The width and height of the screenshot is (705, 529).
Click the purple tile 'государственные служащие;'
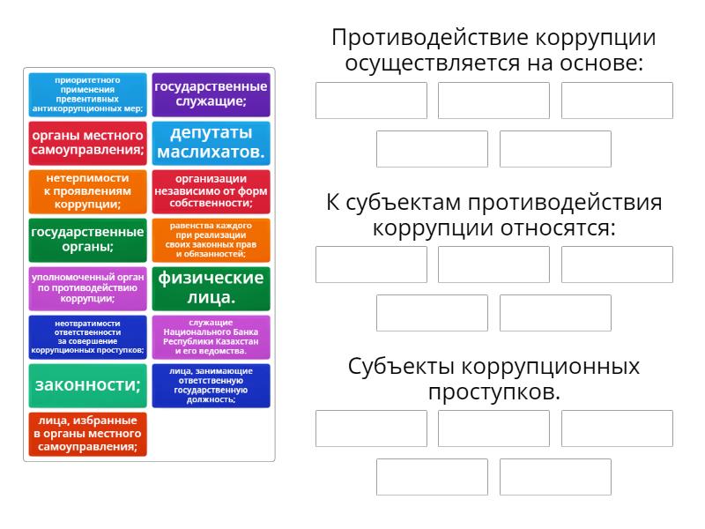pyautogui.click(x=211, y=94)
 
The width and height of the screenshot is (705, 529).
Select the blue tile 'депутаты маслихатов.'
pyautogui.click(x=211, y=143)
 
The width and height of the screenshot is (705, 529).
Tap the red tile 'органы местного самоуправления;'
pyautogui.click(x=87, y=143)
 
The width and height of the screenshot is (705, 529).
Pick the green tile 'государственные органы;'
pyautogui.click(x=87, y=240)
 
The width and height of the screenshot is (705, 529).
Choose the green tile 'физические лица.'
pyautogui.click(x=211, y=288)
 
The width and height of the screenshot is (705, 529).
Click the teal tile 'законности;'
pyautogui.click(x=87, y=385)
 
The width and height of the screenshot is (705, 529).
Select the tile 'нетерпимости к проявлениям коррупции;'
pyautogui.click(x=87, y=191)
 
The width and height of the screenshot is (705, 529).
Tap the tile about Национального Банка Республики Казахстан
pyautogui.click(x=211, y=337)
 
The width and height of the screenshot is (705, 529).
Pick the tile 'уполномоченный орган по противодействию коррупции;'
pyautogui.click(x=87, y=288)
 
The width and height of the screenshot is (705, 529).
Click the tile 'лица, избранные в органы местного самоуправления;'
pyautogui.click(x=87, y=434)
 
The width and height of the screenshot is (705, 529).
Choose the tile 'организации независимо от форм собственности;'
pyautogui.click(x=211, y=191)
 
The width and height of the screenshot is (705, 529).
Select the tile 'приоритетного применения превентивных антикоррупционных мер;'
pyautogui.click(x=87, y=94)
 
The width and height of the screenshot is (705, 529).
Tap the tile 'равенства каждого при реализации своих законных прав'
pyautogui.click(x=211, y=240)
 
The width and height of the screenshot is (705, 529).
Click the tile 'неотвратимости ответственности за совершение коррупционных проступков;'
pyautogui.click(x=87, y=337)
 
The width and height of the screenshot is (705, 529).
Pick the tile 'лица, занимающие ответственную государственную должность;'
pyautogui.click(x=211, y=385)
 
